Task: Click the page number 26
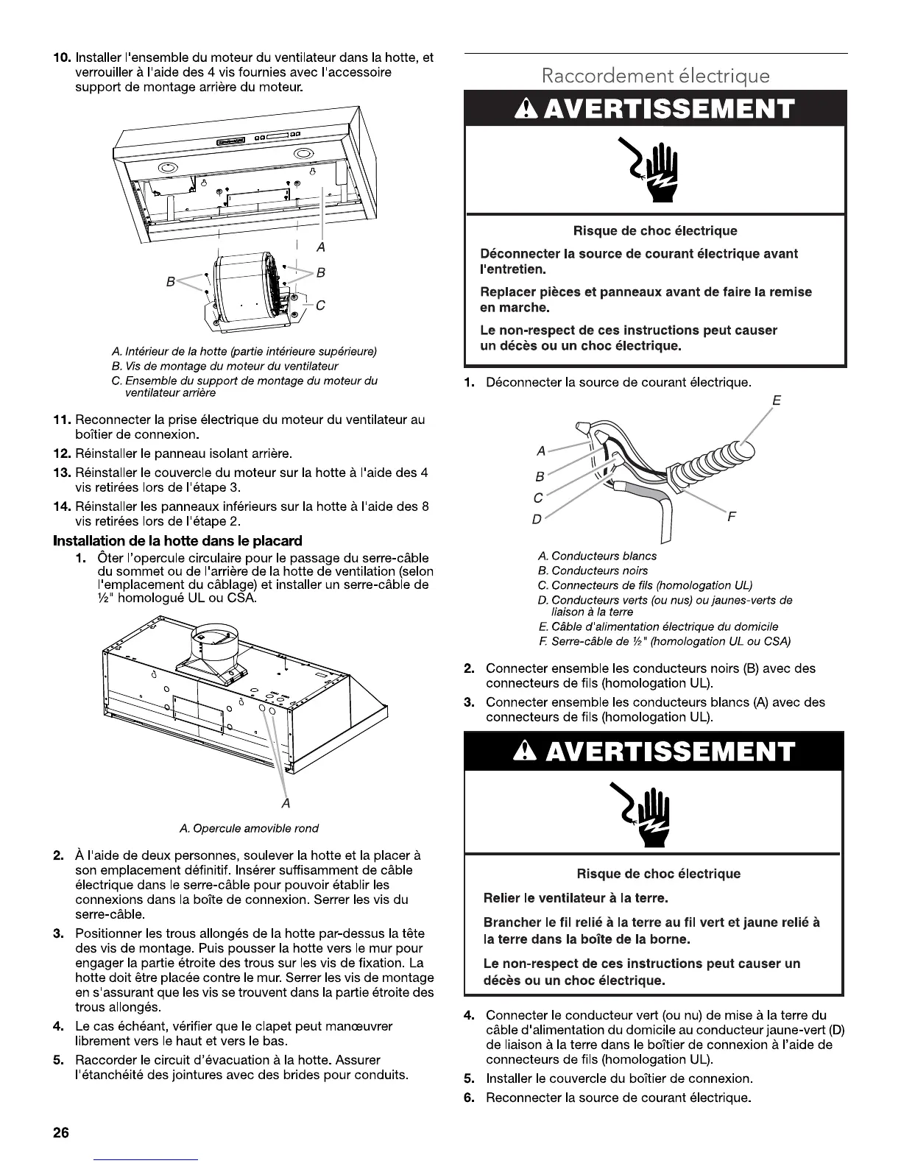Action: pos(60,1133)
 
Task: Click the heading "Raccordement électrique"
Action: pos(655,76)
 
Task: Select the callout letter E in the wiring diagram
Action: pos(776,401)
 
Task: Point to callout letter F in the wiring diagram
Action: pos(731,516)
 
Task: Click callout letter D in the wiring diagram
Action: pos(537,520)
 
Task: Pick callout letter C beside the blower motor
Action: pos(320,306)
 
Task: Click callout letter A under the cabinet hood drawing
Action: pos(286,803)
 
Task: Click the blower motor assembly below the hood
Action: pos(250,291)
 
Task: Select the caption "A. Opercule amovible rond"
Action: pos(249,828)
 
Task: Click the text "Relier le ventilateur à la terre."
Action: pos(576,898)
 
